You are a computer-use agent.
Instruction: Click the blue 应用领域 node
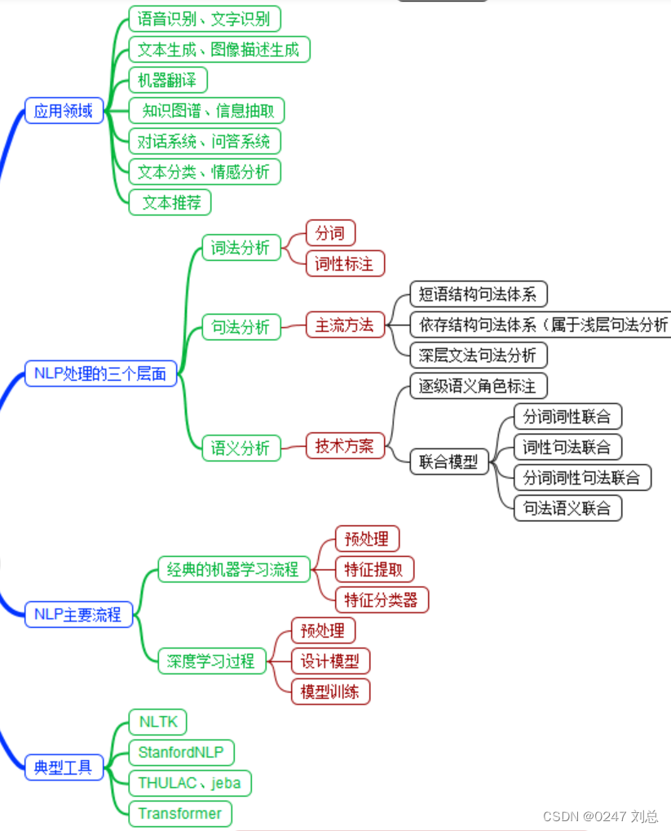tap(64, 110)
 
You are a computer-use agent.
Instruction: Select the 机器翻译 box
tap(168, 80)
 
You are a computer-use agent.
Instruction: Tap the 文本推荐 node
tap(170, 201)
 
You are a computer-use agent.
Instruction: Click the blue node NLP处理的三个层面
tap(100, 374)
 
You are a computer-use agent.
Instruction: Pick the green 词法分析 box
tap(241, 248)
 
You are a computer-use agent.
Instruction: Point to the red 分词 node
tap(330, 233)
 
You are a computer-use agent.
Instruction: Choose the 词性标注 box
tap(344, 263)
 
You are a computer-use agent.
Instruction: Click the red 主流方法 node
tap(344, 325)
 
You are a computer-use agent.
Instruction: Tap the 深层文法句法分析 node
tap(478, 355)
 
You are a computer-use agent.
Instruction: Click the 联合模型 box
tap(448, 462)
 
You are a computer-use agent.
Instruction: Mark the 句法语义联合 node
tap(567, 507)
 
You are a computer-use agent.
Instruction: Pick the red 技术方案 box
tap(344, 445)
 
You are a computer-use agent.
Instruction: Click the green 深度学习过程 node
tap(211, 661)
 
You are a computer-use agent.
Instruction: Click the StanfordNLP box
tap(181, 752)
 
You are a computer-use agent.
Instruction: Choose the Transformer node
tap(179, 813)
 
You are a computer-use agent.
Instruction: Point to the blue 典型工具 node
tap(63, 767)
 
